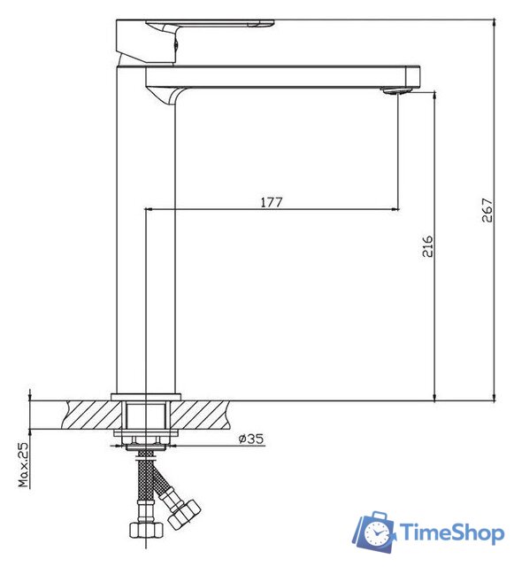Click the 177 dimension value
[x=271, y=202]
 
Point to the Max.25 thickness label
[x=24, y=462]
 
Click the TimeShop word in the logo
[x=449, y=532]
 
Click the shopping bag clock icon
[x=375, y=532]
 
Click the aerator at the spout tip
[x=397, y=89]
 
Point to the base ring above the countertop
[x=147, y=396]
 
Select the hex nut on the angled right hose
[x=186, y=513]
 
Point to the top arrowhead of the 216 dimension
[x=434, y=94]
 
